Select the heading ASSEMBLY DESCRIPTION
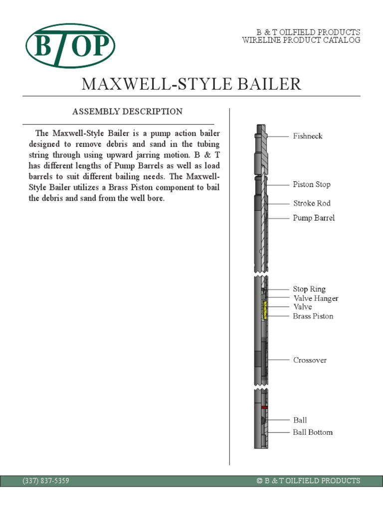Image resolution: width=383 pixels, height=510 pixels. (127, 112)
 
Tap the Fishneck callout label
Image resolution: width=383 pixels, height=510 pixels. (307, 136)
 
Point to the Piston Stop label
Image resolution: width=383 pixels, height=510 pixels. (311, 184)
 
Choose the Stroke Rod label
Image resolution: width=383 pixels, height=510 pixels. (311, 203)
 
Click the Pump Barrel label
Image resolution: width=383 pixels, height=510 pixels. (313, 218)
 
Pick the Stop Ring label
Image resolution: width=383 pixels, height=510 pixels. (309, 289)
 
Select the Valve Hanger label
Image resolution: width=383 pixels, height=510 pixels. (316, 298)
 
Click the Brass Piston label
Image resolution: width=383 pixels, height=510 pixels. (313, 316)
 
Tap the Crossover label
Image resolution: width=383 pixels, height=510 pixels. (310, 360)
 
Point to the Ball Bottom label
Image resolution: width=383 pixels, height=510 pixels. (312, 432)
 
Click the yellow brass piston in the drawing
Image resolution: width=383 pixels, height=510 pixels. (265, 310)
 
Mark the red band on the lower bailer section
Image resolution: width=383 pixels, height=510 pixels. (264, 407)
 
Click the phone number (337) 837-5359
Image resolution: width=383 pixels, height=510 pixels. (46, 481)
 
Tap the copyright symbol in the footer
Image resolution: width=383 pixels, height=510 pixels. (259, 481)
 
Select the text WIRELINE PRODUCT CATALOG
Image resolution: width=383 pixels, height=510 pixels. (301, 40)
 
